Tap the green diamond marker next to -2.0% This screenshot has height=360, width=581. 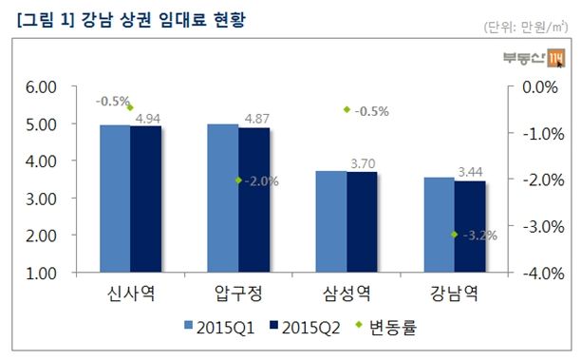[x=238, y=180]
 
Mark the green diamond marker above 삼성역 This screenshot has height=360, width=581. [x=347, y=110]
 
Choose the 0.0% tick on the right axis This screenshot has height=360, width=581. [x=537, y=87]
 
